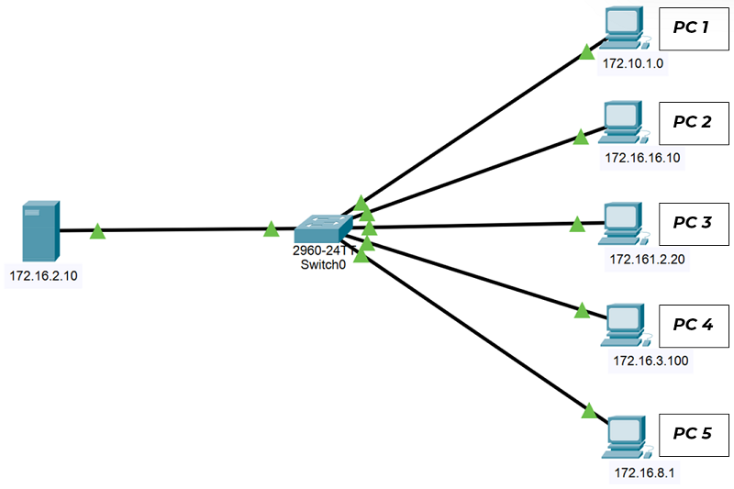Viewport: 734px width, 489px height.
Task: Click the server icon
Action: point(41,230)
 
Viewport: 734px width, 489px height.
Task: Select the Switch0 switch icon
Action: point(323,228)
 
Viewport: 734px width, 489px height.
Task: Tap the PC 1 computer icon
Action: point(625,28)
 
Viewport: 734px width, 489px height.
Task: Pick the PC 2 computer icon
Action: point(624,122)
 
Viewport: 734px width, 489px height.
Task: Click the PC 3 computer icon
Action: point(624,224)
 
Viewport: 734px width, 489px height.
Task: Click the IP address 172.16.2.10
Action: point(43,275)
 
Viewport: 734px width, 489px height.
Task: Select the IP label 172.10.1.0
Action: point(633,63)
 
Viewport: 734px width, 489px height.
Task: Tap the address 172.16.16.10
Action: point(642,158)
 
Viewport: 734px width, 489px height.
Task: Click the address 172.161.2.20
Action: point(648,259)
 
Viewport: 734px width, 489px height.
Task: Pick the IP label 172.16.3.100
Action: point(651,361)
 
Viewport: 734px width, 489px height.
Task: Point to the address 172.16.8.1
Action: point(645,473)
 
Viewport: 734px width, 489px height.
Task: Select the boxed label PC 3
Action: point(694,224)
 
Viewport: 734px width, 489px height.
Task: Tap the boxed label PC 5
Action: point(694,435)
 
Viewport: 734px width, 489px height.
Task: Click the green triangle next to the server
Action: point(97,231)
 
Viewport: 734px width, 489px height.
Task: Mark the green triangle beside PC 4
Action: point(582,310)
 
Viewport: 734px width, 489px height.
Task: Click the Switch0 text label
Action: point(323,265)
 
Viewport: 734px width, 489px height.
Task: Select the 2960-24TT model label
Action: point(324,250)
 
